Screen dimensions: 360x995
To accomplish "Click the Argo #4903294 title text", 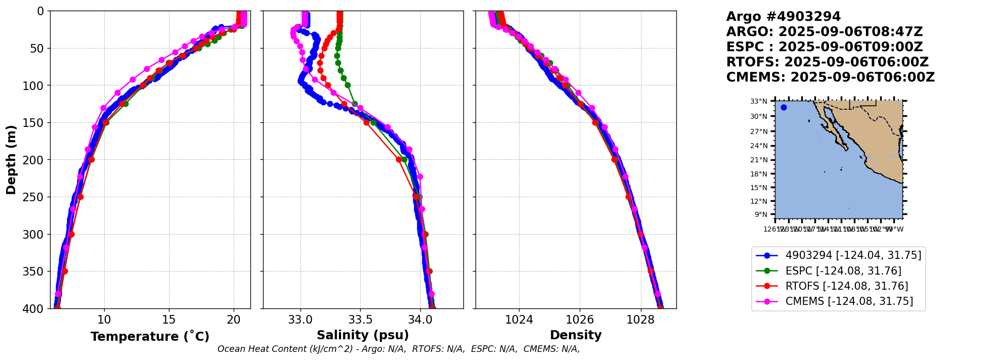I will [783, 17].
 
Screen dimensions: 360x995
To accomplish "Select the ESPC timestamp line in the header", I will [824, 47].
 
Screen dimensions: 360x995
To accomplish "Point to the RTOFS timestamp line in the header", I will [827, 62].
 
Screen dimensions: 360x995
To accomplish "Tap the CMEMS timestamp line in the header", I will [830, 77].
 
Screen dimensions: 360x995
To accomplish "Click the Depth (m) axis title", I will [11, 160].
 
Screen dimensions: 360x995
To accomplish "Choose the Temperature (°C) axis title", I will [150, 336].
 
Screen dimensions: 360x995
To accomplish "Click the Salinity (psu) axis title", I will [363, 335].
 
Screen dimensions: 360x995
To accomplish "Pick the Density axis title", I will [576, 335].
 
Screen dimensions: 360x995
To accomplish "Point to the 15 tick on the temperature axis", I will [169, 320].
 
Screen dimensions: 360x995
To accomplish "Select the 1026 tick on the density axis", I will [580, 320].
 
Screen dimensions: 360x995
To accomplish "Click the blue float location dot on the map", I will [784, 107].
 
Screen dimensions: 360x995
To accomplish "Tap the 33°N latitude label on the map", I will [758, 101].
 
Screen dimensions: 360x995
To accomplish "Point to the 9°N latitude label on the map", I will [761, 214].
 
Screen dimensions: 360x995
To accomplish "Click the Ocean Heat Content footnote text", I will [399, 349].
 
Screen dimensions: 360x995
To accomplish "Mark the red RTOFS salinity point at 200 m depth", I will [399, 159].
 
